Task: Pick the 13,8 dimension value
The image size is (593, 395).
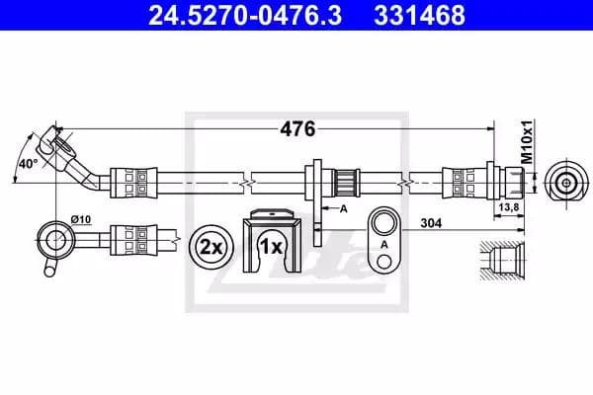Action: (512, 208)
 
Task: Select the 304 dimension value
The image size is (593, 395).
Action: (429, 223)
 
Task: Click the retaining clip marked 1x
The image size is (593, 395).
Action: (269, 243)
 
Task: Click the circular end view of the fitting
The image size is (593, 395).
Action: (564, 182)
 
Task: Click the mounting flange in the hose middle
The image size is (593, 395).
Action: (319, 183)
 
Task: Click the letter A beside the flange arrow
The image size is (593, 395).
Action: (343, 209)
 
